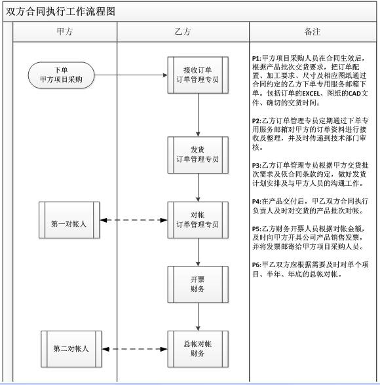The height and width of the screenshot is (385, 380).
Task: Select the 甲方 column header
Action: pos(65,31)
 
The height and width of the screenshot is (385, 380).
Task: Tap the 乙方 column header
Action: pos(183,31)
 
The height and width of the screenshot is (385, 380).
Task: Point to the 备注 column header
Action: pos(313,31)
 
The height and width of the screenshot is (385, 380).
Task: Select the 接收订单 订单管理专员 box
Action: pos(198,75)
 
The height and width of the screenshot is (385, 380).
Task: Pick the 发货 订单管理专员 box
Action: pos(198,155)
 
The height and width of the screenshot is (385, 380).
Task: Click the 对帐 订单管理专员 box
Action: pos(198,220)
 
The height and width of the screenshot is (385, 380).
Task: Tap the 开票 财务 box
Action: pos(198,284)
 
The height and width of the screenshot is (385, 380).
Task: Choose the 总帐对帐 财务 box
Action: pos(198,348)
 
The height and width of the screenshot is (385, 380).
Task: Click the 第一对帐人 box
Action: pos(69,220)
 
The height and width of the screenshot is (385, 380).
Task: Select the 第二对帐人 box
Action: pos(71,349)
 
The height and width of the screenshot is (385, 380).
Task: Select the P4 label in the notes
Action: pos(256,200)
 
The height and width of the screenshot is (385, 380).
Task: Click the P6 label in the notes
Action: pos(256,264)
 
